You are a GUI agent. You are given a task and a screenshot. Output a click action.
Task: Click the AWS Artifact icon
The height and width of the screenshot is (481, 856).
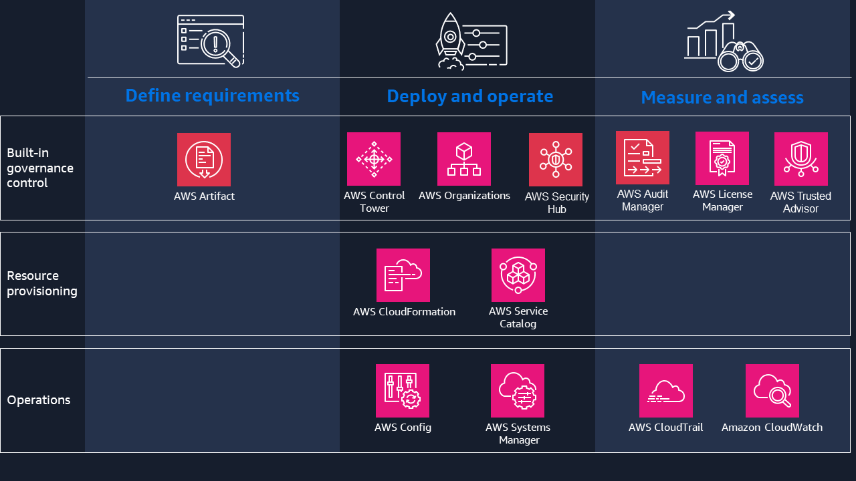pyautogui.click(x=204, y=160)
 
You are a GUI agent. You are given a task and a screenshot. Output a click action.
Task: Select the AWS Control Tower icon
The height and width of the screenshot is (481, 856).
pyautogui.click(x=374, y=159)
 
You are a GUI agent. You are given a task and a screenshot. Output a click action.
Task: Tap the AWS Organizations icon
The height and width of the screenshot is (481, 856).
pyautogui.click(x=464, y=159)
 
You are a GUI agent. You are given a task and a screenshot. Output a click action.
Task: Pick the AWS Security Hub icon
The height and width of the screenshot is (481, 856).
pyautogui.click(x=556, y=160)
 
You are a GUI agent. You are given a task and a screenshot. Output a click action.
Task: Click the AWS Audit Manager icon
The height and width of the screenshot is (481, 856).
pyautogui.click(x=643, y=158)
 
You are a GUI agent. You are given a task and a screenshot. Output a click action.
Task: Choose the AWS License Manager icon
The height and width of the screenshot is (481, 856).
pyautogui.click(x=722, y=158)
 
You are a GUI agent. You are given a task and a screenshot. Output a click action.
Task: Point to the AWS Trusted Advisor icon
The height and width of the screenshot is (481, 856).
pyautogui.click(x=801, y=159)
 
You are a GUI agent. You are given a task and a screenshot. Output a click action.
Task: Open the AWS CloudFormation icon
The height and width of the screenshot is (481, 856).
pyautogui.click(x=403, y=275)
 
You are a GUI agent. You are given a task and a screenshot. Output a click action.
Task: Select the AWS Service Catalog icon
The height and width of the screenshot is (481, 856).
pyautogui.click(x=518, y=275)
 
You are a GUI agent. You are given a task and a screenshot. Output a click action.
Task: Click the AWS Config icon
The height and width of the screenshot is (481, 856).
pyautogui.click(x=403, y=391)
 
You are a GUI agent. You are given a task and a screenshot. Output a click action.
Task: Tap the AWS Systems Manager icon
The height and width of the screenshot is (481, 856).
pyautogui.click(x=518, y=391)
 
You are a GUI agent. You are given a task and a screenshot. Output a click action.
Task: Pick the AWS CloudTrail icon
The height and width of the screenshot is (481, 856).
pyautogui.click(x=666, y=391)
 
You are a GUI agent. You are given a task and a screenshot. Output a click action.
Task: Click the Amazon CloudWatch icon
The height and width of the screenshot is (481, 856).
pyautogui.click(x=772, y=391)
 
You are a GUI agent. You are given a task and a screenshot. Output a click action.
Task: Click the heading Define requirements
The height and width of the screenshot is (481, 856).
pyautogui.click(x=213, y=96)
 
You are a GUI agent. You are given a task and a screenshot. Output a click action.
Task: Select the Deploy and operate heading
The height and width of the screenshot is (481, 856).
pyautogui.click(x=470, y=96)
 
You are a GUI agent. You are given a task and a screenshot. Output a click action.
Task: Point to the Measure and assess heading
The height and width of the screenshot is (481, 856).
pyautogui.click(x=722, y=98)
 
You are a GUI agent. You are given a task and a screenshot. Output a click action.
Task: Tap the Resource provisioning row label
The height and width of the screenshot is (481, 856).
pyautogui.click(x=42, y=283)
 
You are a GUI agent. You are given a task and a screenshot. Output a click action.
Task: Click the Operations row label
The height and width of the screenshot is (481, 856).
pyautogui.click(x=39, y=400)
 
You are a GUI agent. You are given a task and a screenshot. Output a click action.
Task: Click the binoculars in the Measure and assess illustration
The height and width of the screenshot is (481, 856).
pyautogui.click(x=741, y=57)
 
